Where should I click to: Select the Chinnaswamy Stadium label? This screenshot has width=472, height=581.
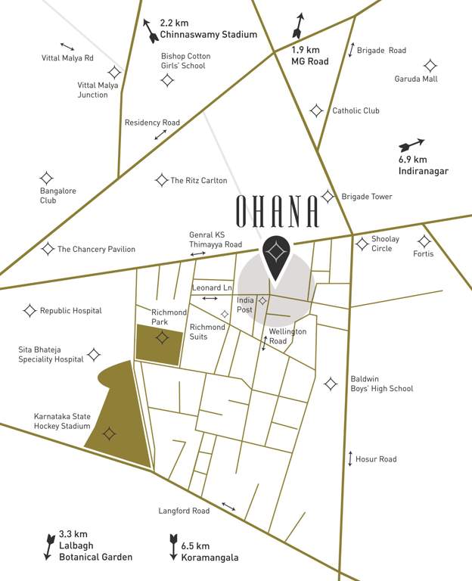click(209, 35)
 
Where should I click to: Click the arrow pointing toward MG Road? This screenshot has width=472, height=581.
click(298, 26)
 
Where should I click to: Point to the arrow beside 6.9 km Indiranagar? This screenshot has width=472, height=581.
click(411, 145)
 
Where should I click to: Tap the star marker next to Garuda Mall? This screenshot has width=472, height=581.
click(430, 66)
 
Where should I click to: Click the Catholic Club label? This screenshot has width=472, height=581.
click(356, 110)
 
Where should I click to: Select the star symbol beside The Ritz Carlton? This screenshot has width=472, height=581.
click(161, 180)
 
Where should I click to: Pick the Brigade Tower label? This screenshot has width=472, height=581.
click(366, 197)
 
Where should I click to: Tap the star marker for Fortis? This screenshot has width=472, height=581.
click(424, 241)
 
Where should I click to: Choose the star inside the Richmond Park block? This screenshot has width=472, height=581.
click(162, 338)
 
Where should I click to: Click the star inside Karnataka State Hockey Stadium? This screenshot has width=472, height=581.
click(110, 433)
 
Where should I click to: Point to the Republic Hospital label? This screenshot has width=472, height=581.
click(70, 311)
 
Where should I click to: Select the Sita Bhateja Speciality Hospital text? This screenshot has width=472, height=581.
click(51, 355)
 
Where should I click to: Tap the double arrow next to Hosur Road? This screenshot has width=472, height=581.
click(349, 458)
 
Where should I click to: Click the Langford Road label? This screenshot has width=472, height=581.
click(184, 511)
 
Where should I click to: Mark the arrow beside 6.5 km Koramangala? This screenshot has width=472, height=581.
click(173, 545)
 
